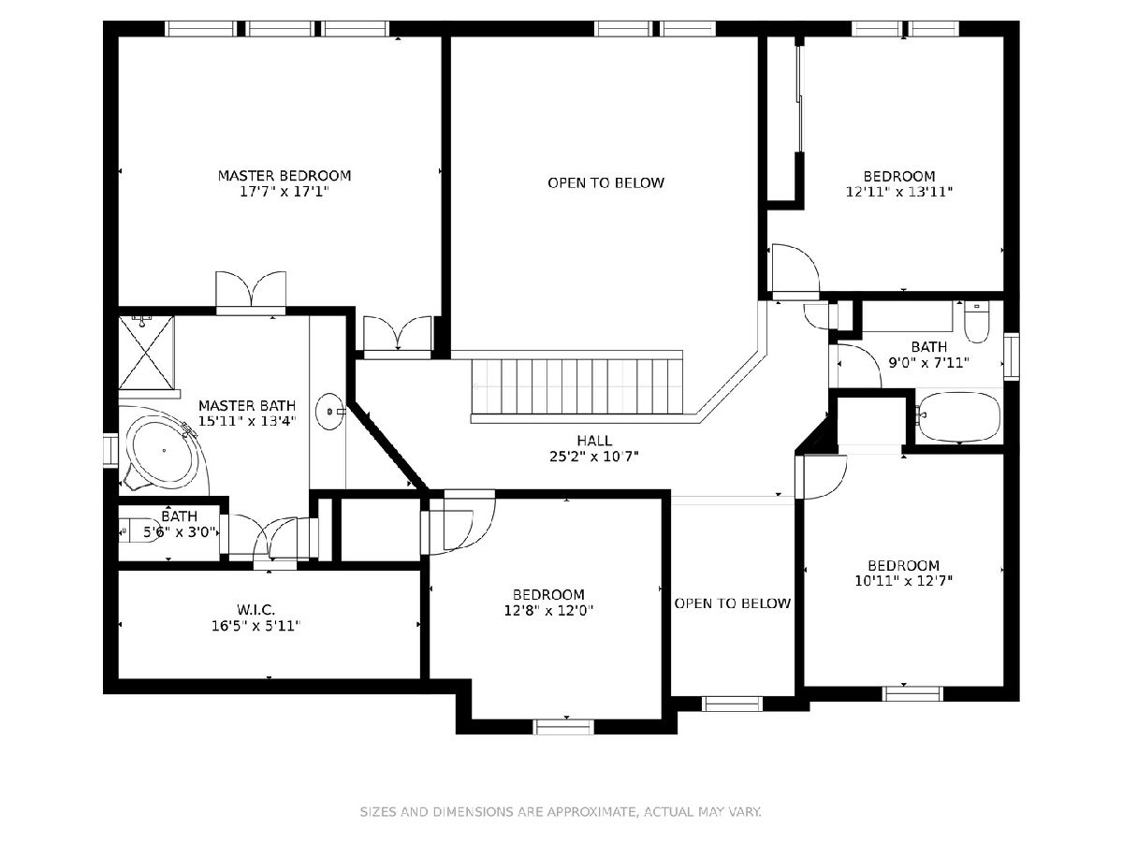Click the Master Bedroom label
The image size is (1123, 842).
coord(284,176)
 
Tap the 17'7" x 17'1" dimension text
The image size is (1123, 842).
coord(284,192)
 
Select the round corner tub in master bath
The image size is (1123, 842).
coord(164,450)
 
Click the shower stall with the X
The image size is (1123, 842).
coord(147,353)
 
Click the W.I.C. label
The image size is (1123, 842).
coord(255,609)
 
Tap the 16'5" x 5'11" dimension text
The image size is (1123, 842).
coord(255,626)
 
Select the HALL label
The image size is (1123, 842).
coord(594,440)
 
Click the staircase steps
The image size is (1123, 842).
coord(577,386)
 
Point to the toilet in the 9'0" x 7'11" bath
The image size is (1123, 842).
coord(977,322)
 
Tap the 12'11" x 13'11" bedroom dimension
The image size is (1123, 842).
coord(899,192)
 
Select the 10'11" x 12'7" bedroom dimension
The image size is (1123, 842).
coord(903,581)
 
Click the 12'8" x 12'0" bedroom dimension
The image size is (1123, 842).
coord(548,610)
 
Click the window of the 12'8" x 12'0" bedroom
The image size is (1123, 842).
coord(563,727)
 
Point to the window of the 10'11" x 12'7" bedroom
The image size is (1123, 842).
coord(912,693)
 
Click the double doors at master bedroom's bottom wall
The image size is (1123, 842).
coord(251,290)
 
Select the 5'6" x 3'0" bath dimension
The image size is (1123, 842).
coord(179,532)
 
